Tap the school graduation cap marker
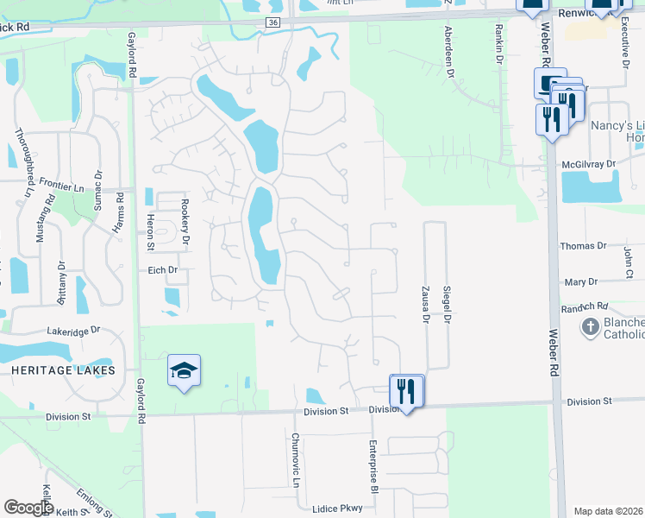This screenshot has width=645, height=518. pyautogui.click(x=184, y=371)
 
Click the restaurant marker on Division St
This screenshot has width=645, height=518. pyautogui.click(x=406, y=391)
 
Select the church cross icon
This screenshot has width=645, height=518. pyautogui.click(x=590, y=327)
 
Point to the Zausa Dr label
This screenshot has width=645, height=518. pyautogui.click(x=425, y=304)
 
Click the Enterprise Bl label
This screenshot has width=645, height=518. pyautogui.click(x=374, y=466)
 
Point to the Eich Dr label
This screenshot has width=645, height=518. pyautogui.click(x=161, y=270)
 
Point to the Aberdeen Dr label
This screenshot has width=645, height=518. pyautogui.click(x=448, y=52)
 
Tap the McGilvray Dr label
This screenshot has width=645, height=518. pyautogui.click(x=590, y=163)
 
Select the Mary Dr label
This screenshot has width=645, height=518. pyautogui.click(x=580, y=282)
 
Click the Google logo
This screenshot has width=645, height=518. pyautogui.click(x=28, y=508)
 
